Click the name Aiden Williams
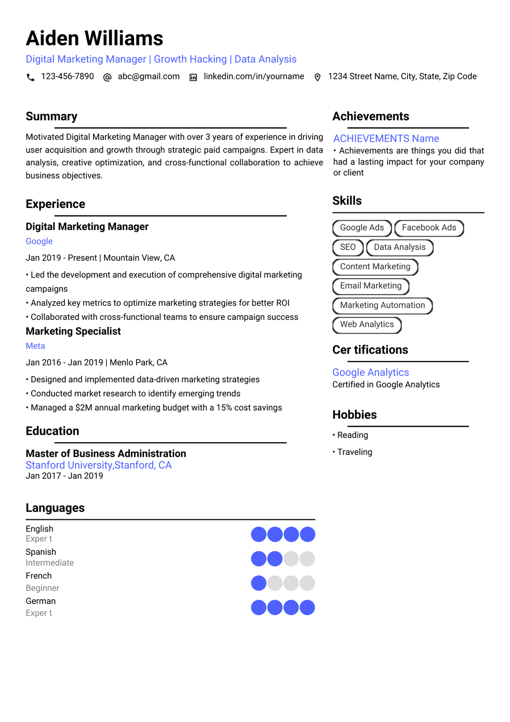[x=94, y=38]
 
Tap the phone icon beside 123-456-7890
[x=31, y=77]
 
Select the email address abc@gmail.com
[x=148, y=77]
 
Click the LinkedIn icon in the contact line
[x=193, y=77]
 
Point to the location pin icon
[x=317, y=77]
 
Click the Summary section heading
[x=51, y=117]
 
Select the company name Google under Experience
[x=39, y=241]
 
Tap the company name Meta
[x=35, y=346]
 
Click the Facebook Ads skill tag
[x=429, y=228]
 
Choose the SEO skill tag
[x=348, y=247]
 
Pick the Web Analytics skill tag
[x=366, y=325]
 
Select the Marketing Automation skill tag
[x=382, y=305]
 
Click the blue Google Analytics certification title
[x=371, y=372]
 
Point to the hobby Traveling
[x=355, y=452]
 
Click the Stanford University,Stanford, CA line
[x=99, y=465]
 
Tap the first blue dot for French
[x=258, y=583]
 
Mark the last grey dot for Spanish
[x=307, y=559]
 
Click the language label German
[x=41, y=601]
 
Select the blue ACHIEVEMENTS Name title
[x=386, y=138]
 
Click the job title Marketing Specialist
[x=73, y=331]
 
